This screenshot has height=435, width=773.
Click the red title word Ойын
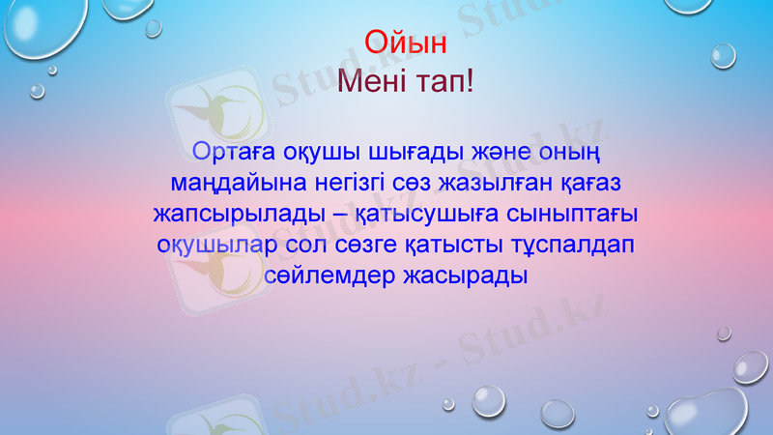(x=406, y=43)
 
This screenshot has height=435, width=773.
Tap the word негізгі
(x=354, y=182)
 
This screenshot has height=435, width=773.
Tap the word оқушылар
(x=214, y=243)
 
